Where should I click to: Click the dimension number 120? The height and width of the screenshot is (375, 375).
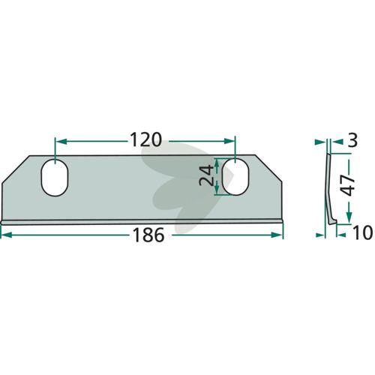point(146,140)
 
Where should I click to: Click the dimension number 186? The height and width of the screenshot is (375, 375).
point(148,235)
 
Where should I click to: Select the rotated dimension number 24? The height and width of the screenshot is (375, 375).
point(206,176)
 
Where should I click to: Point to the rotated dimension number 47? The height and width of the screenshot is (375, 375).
point(349,185)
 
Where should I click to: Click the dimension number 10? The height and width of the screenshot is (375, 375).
point(362,232)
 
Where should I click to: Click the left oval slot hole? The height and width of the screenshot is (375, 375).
point(55,177)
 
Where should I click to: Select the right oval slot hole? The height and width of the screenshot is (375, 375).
point(235,176)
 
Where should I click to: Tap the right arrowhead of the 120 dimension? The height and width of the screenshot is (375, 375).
point(229,141)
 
